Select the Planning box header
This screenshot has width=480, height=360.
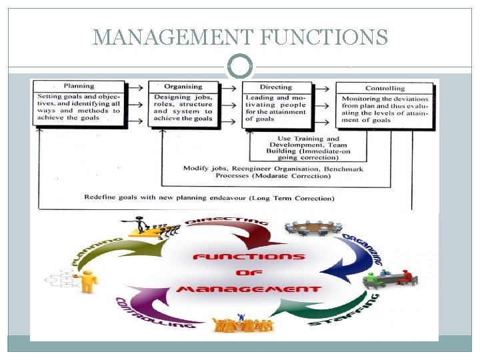[x=79, y=86]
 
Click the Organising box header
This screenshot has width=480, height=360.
[x=183, y=86]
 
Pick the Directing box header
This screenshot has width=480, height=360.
[x=275, y=87]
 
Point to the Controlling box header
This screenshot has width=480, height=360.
[x=385, y=87]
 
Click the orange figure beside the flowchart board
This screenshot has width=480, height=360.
[x=87, y=281]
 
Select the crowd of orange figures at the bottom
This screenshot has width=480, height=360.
[x=244, y=325]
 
